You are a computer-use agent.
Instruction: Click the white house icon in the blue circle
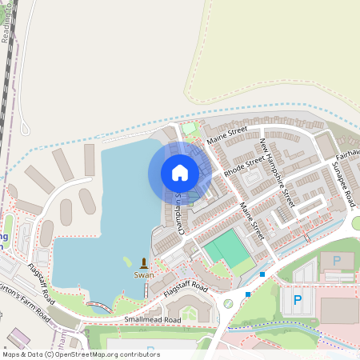(180, 173)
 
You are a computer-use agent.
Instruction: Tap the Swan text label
(144, 275)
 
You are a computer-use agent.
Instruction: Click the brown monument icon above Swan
(144, 262)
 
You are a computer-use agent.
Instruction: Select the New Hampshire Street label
(277, 173)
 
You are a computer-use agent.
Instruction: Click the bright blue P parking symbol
(298, 301)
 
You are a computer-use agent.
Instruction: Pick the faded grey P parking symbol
(336, 260)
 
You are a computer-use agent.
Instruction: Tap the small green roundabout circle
(228, 302)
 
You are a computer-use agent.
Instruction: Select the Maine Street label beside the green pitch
(251, 221)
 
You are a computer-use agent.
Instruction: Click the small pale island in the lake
(126, 260)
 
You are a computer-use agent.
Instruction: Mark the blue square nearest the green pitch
(262, 275)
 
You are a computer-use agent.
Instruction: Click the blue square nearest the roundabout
(248, 294)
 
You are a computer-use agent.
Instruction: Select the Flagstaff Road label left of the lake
(39, 281)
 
